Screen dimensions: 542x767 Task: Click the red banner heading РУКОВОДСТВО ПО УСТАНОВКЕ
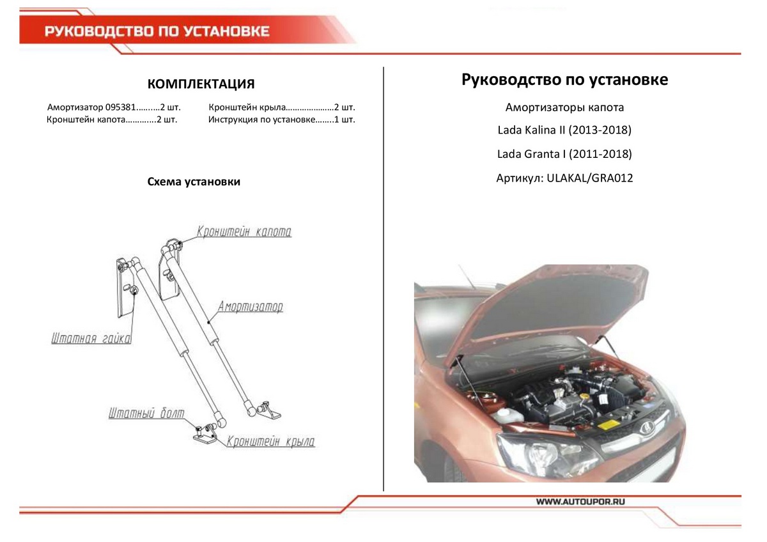[157, 31]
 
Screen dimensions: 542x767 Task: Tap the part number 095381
[119, 107]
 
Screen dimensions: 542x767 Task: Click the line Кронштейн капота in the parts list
[112, 120]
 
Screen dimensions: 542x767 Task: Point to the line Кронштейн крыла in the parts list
[282, 107]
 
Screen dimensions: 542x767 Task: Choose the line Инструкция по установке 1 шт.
[281, 120]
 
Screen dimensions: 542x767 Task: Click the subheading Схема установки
[194, 182]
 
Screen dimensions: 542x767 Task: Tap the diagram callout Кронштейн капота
[244, 231]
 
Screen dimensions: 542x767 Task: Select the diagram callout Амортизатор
[250, 307]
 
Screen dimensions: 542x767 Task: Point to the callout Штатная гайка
[91, 339]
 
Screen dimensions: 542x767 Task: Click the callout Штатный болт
[146, 414]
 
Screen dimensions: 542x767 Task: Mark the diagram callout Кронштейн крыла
[270, 441]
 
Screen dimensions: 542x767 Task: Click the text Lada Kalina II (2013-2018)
[564, 130]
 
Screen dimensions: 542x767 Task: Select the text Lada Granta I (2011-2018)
[564, 154]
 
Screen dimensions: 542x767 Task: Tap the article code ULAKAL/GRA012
[586, 178]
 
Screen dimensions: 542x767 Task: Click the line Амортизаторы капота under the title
[564, 107]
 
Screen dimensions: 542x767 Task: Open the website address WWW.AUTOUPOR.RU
[580, 502]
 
